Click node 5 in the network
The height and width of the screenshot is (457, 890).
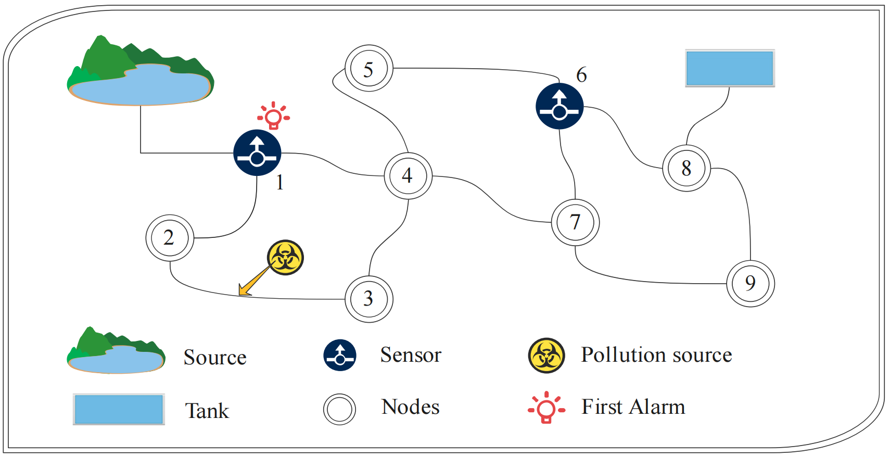tap(368, 69)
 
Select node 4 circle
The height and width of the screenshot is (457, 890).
tap(408, 176)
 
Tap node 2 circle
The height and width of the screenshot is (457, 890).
tap(169, 238)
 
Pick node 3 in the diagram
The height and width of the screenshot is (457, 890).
tap(368, 299)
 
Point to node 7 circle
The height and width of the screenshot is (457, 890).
tap(575, 222)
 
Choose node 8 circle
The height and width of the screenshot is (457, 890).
tap(686, 168)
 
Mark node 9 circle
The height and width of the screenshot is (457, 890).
tap(750, 283)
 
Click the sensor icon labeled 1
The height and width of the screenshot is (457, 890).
tap(257, 153)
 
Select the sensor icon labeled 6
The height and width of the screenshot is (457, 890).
tap(560, 106)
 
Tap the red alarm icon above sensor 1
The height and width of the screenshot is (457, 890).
tap(274, 116)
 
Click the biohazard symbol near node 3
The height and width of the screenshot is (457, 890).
tap(285, 257)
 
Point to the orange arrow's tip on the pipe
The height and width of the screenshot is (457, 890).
tap(240, 294)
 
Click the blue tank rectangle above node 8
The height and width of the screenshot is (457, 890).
tap(730, 68)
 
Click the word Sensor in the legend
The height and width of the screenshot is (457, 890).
tap(411, 355)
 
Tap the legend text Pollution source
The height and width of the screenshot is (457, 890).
tap(656, 355)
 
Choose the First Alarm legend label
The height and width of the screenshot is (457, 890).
tap(633, 407)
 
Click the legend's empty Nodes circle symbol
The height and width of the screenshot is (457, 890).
tap(339, 409)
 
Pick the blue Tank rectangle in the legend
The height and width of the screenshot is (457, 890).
tap(119, 409)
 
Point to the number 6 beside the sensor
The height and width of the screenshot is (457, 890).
tap(581, 75)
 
